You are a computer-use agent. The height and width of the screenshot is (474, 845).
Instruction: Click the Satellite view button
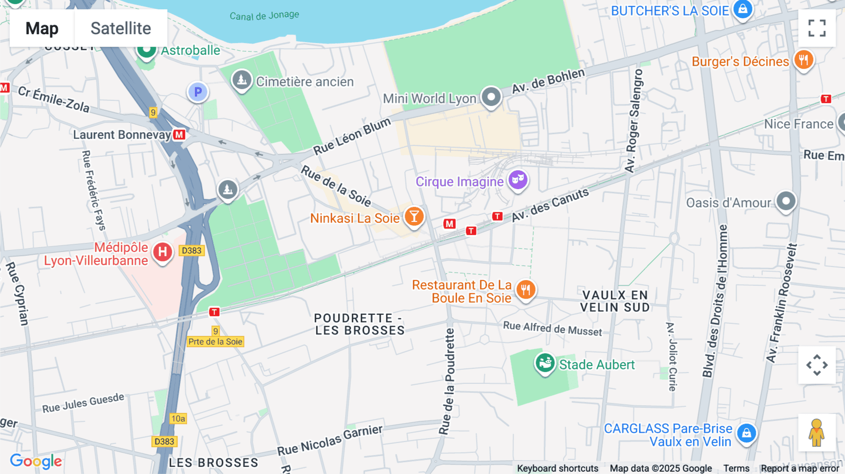(121, 28)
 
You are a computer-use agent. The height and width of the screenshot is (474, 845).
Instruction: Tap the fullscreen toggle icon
(817, 28)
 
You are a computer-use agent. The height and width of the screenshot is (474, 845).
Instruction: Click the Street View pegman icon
(817, 433)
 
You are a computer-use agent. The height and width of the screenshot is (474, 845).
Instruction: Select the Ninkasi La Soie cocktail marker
(414, 217)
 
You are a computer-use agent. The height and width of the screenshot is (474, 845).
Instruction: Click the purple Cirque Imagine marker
(518, 180)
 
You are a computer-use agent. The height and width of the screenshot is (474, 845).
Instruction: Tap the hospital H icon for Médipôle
(162, 252)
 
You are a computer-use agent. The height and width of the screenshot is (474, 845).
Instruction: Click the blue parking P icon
(198, 92)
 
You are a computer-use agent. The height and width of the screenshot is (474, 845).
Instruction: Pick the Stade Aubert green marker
(545, 363)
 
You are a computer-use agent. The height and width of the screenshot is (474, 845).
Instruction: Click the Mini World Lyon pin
(491, 97)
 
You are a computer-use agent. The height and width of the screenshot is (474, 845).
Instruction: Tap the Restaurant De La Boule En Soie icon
(526, 290)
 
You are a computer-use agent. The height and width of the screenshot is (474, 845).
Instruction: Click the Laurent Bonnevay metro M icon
(179, 135)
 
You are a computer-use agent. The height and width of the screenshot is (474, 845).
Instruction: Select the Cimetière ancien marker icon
(242, 80)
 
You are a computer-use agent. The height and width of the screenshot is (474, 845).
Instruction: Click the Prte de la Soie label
(215, 342)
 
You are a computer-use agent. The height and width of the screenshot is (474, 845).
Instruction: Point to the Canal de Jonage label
(264, 15)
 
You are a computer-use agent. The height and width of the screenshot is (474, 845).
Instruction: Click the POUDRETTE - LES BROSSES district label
(359, 324)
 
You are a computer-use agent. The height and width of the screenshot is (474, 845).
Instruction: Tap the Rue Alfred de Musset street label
(552, 329)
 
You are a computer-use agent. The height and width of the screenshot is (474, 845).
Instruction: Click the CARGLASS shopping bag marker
(746, 433)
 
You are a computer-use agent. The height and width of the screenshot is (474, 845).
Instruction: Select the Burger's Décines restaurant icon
(803, 60)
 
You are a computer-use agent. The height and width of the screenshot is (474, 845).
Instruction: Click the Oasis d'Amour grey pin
(786, 201)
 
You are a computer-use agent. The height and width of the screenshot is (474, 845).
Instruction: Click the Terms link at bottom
(736, 468)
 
